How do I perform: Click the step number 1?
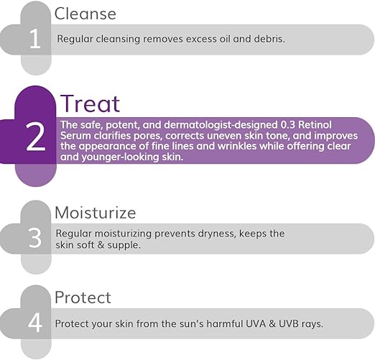pyautogui.click(x=34, y=39)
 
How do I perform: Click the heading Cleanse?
pyautogui.click(x=85, y=14)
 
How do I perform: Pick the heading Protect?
pyautogui.click(x=83, y=297)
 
